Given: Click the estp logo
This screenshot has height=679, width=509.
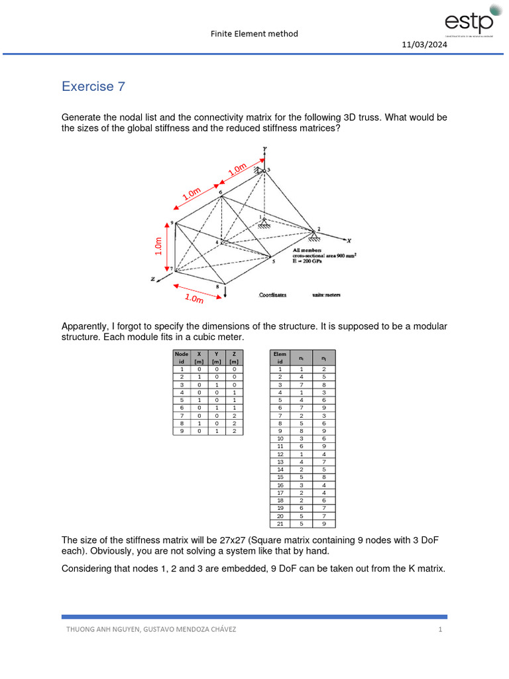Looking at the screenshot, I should [469, 20].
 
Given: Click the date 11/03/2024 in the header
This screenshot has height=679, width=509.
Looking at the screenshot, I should [424, 44].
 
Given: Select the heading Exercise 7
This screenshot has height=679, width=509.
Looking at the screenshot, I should [93, 86].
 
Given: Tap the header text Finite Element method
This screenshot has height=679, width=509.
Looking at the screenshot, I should [254, 33].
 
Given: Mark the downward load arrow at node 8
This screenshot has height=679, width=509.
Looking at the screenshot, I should [226, 292].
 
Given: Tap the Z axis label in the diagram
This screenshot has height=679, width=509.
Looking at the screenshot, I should [152, 279].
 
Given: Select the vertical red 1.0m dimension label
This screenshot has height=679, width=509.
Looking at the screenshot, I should [158, 246].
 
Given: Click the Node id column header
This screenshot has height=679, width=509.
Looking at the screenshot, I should [181, 357].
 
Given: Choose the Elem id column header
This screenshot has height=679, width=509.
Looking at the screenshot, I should [280, 357].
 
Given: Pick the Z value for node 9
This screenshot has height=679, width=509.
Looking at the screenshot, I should [234, 431].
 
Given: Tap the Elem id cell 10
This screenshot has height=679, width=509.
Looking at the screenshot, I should [280, 438].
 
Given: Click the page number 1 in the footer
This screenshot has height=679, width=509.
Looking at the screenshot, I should [439, 629].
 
